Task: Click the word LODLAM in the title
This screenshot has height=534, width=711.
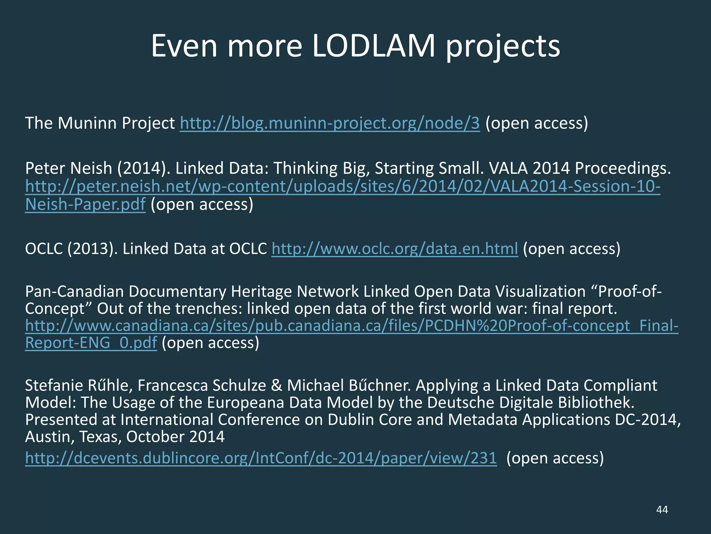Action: [x=374, y=46]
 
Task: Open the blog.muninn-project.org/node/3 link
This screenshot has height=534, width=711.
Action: [x=330, y=123]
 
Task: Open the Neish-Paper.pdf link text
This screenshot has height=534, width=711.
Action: [x=85, y=204]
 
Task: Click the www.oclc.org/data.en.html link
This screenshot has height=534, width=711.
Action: [x=395, y=249]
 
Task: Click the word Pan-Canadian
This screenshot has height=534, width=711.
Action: [x=74, y=291]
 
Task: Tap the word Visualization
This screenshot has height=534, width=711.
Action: [x=540, y=291]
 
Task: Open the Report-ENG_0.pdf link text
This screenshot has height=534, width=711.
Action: [x=91, y=343]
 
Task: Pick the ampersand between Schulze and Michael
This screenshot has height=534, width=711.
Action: [x=276, y=386]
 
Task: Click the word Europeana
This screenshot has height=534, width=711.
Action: [x=245, y=403]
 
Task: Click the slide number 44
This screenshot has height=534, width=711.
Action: [x=662, y=510]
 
